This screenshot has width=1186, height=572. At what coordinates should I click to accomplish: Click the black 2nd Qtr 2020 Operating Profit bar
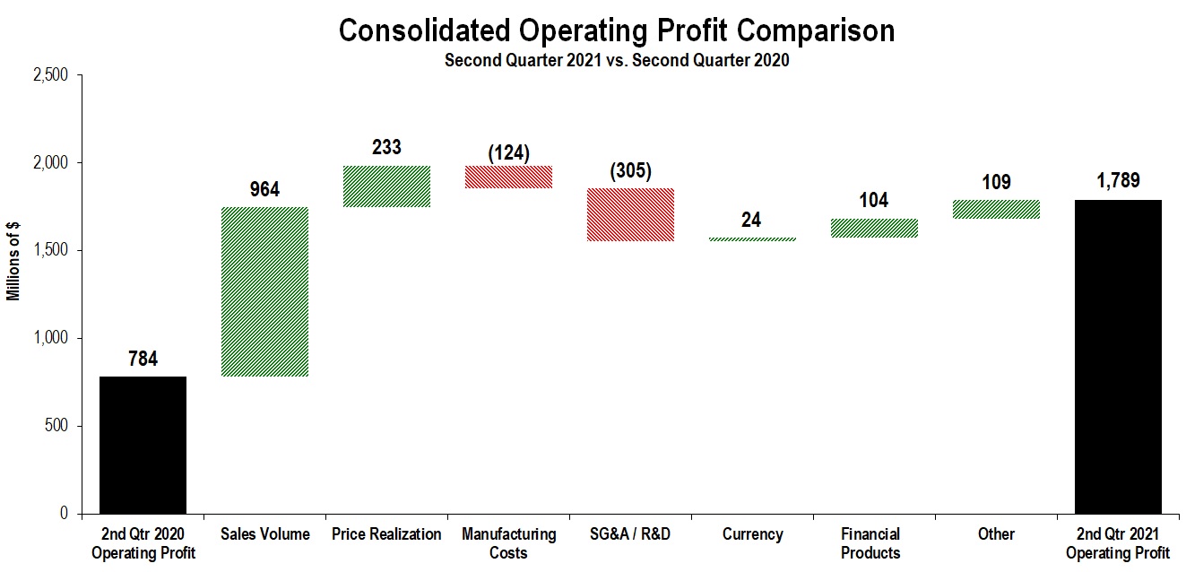[143, 445]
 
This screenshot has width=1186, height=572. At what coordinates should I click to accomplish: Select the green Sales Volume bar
[264, 291]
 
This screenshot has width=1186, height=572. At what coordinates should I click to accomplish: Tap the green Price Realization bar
[386, 186]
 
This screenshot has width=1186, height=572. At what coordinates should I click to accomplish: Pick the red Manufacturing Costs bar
[508, 177]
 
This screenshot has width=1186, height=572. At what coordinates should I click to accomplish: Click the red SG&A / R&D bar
[630, 214]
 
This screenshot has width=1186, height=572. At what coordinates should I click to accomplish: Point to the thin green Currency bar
[752, 239]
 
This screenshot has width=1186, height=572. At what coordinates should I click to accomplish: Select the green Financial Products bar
[874, 229]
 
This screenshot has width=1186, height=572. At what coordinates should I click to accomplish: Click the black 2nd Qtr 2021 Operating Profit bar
[1117, 357]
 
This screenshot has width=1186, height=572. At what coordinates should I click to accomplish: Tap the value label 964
[264, 189]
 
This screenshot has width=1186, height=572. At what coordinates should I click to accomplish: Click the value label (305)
[631, 170]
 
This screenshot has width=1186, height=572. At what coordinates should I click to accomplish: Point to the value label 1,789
[1117, 181]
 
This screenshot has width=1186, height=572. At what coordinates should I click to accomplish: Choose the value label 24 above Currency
[752, 220]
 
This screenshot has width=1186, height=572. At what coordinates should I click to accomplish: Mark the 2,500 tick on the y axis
[50, 76]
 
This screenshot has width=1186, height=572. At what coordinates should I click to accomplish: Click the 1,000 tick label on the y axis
[50, 339]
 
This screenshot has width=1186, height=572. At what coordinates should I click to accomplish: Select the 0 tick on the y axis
[63, 514]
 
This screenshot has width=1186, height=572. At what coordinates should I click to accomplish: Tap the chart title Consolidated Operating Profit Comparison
[617, 30]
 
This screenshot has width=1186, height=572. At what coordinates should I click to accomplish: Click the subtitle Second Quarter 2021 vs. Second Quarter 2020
[617, 61]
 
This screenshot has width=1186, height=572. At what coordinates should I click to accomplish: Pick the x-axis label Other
[996, 534]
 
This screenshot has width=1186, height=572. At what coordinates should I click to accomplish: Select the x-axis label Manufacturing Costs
[508, 543]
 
